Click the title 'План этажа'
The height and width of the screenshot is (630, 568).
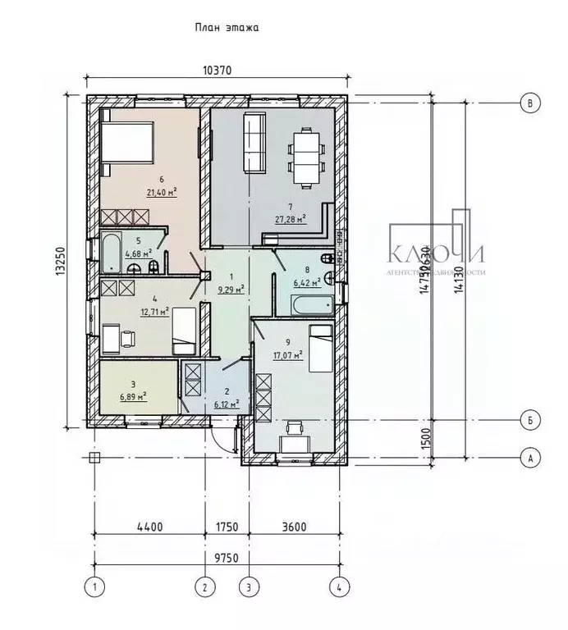click(x=227, y=27)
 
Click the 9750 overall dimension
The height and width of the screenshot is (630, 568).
click(x=217, y=558)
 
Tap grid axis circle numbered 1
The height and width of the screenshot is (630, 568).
click(x=95, y=587)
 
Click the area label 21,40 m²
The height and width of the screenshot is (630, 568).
click(x=162, y=193)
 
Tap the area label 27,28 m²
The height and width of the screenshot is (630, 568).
click(x=291, y=218)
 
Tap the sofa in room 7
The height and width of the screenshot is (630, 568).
click(x=254, y=143)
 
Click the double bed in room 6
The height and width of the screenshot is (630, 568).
click(x=127, y=143)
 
